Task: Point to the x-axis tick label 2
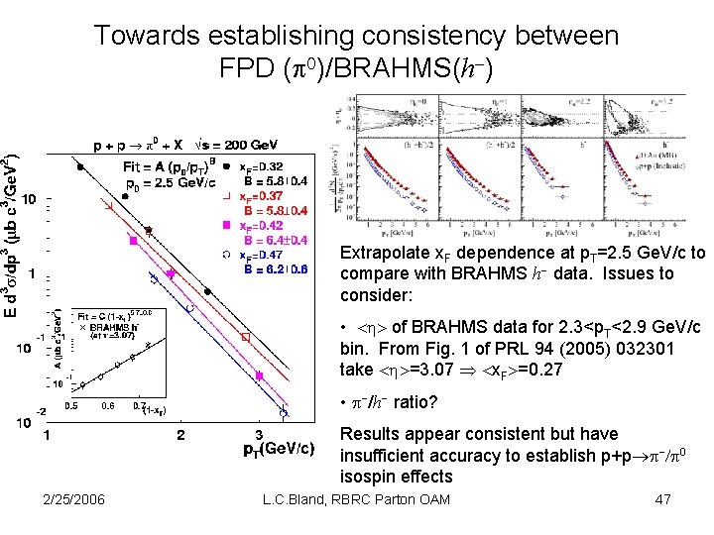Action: pos(179,434)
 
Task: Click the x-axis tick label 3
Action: pos(259,434)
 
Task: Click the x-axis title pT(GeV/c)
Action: pos(280,451)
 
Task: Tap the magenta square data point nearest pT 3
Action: pos(259,376)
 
